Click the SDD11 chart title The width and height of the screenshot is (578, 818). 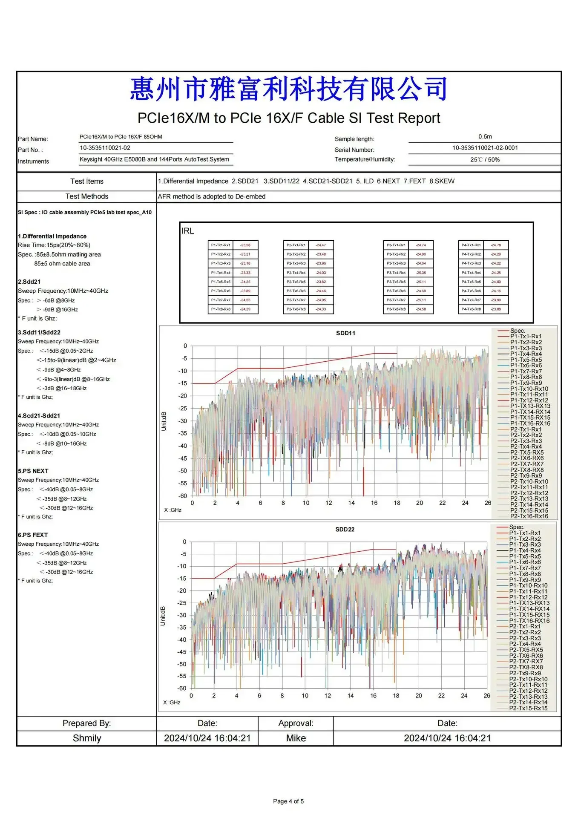click(345, 333)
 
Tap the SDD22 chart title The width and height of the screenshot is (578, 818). click(345, 529)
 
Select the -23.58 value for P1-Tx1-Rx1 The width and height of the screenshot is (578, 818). click(245, 245)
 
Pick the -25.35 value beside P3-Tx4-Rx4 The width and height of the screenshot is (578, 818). click(421, 273)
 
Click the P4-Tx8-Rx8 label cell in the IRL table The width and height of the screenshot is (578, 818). click(471, 309)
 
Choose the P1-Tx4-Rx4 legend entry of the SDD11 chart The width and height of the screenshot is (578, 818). click(526, 354)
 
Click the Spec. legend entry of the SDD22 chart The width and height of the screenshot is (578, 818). click(516, 527)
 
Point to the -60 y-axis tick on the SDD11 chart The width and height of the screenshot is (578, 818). click(182, 496)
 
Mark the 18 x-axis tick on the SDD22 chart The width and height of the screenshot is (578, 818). click(396, 696)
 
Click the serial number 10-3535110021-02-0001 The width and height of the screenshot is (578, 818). click(485, 148)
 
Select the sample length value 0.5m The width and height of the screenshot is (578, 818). click(485, 137)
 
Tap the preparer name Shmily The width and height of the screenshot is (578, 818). click(87, 738)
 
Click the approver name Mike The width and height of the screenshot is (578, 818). click(296, 738)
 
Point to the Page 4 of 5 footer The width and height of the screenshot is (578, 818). click(288, 801)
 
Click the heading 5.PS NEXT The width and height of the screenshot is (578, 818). click(33, 471)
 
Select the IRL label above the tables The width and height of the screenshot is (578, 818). click(187, 231)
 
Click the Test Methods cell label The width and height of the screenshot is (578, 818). click(87, 196)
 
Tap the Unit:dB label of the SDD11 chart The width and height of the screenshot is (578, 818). click(164, 421)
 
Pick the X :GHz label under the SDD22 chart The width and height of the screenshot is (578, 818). click(172, 703)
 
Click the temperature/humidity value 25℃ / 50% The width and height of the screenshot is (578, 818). click(485, 160)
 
